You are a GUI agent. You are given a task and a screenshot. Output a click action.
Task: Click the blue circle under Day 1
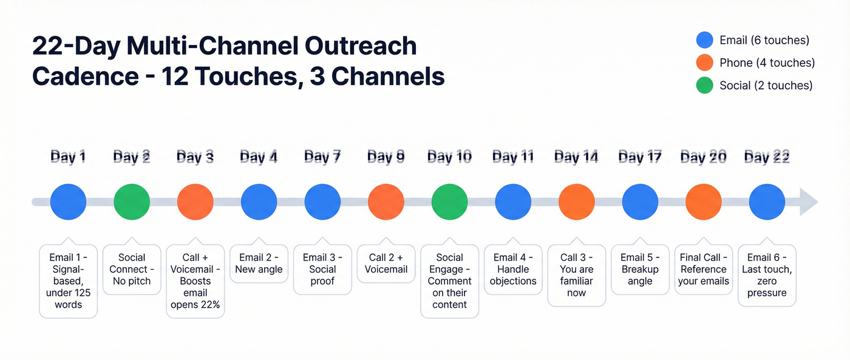68,202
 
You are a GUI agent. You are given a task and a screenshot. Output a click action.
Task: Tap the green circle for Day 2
132,202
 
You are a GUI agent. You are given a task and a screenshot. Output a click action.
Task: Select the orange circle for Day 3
195,202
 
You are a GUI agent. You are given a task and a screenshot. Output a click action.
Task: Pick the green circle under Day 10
449,202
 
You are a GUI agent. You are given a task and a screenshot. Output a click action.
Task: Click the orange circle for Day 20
703,202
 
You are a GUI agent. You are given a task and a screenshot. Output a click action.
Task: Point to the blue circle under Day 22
767,202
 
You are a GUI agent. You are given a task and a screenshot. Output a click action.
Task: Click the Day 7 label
322,157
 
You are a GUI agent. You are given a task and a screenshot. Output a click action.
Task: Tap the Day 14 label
576,157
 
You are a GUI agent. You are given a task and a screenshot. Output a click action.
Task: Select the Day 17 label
640,157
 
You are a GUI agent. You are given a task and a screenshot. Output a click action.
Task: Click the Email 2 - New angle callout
259,263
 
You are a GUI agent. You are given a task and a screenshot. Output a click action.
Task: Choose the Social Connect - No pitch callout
132,269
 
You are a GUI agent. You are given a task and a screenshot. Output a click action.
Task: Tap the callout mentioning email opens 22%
195,281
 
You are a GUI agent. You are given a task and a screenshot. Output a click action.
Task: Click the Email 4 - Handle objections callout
513,269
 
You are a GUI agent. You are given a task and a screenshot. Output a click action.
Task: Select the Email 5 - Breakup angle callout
640,269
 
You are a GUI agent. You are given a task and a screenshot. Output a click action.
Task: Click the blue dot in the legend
704,40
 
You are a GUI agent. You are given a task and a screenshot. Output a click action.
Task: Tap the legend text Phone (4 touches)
767,63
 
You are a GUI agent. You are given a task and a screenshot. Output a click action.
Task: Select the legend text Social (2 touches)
766,86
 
